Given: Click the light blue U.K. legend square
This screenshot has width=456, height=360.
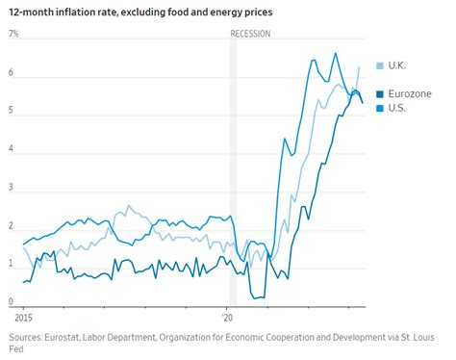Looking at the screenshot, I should click(x=380, y=65).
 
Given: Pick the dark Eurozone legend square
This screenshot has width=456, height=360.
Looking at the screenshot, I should click(x=380, y=93).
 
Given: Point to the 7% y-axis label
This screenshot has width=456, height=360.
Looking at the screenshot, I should click(x=13, y=34).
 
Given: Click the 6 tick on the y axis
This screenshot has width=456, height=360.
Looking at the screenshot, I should click(x=12, y=73).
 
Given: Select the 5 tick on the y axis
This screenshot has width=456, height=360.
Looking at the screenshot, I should click(x=12, y=112).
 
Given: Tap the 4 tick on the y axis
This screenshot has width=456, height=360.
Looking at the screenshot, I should click(x=12, y=150).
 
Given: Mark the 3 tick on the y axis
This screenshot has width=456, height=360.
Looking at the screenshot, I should click(x=12, y=188).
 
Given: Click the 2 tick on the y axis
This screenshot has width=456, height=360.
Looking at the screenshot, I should click(x=12, y=226).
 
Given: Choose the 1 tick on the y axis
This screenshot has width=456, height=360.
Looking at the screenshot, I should click(x=12, y=264).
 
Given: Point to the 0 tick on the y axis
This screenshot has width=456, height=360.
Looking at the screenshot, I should click(x=12, y=301).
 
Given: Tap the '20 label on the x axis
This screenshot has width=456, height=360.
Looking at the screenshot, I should click(x=227, y=316).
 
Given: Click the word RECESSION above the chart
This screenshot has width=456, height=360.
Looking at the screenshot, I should click(x=250, y=34).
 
